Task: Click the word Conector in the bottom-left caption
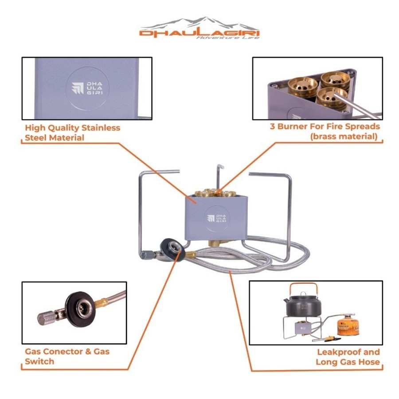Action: pos(65,352)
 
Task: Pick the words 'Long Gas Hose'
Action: pos(348,362)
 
